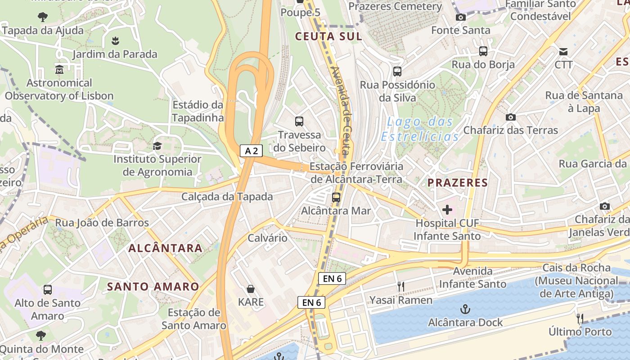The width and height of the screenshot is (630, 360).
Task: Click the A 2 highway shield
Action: coord(251,151)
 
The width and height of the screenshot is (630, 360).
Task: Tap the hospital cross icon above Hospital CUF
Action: coord(447,210)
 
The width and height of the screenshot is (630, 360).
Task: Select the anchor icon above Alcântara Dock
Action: coord(465,309)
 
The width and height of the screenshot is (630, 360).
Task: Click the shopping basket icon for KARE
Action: coord(251,289)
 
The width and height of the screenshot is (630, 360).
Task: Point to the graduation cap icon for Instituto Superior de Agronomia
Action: coord(157,146)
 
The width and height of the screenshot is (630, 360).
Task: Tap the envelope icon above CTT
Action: coord(563,51)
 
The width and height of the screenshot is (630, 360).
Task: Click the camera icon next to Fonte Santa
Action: coord(461,18)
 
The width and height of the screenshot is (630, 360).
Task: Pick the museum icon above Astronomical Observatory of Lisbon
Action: coord(59,70)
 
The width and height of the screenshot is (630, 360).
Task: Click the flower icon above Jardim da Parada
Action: coord(116,41)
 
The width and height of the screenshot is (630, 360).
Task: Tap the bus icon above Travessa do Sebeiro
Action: coord(299,121)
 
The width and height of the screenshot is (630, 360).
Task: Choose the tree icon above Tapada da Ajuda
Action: coord(43,18)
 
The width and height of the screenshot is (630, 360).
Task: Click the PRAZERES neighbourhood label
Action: coord(458,183)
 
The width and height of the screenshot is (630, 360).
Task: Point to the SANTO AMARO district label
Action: coord(153,287)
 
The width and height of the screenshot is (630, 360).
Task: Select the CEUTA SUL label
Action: coord(328,36)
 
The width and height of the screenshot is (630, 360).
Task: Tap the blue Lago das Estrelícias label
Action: coord(420,129)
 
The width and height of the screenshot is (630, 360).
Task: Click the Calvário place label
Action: coord(268,238)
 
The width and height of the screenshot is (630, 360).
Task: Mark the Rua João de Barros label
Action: coord(102,223)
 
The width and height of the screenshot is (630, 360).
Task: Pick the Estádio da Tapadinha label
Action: coord(198,111)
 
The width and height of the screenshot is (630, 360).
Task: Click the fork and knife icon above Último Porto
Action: coord(580,319)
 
